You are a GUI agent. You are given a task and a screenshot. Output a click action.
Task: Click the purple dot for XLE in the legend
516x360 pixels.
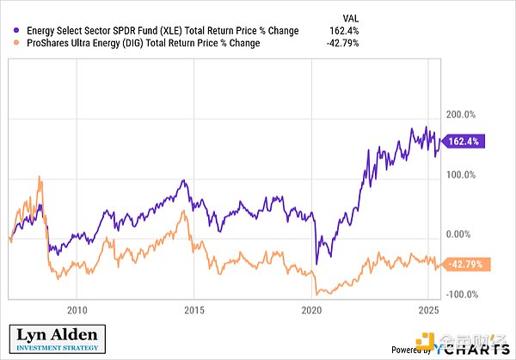pyautogui.click(x=12, y=31)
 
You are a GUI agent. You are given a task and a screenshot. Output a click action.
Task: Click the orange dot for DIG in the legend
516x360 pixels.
pyautogui.click(x=12, y=44)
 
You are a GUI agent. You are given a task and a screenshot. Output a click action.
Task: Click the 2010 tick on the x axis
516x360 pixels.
pyautogui.click(x=77, y=308)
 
